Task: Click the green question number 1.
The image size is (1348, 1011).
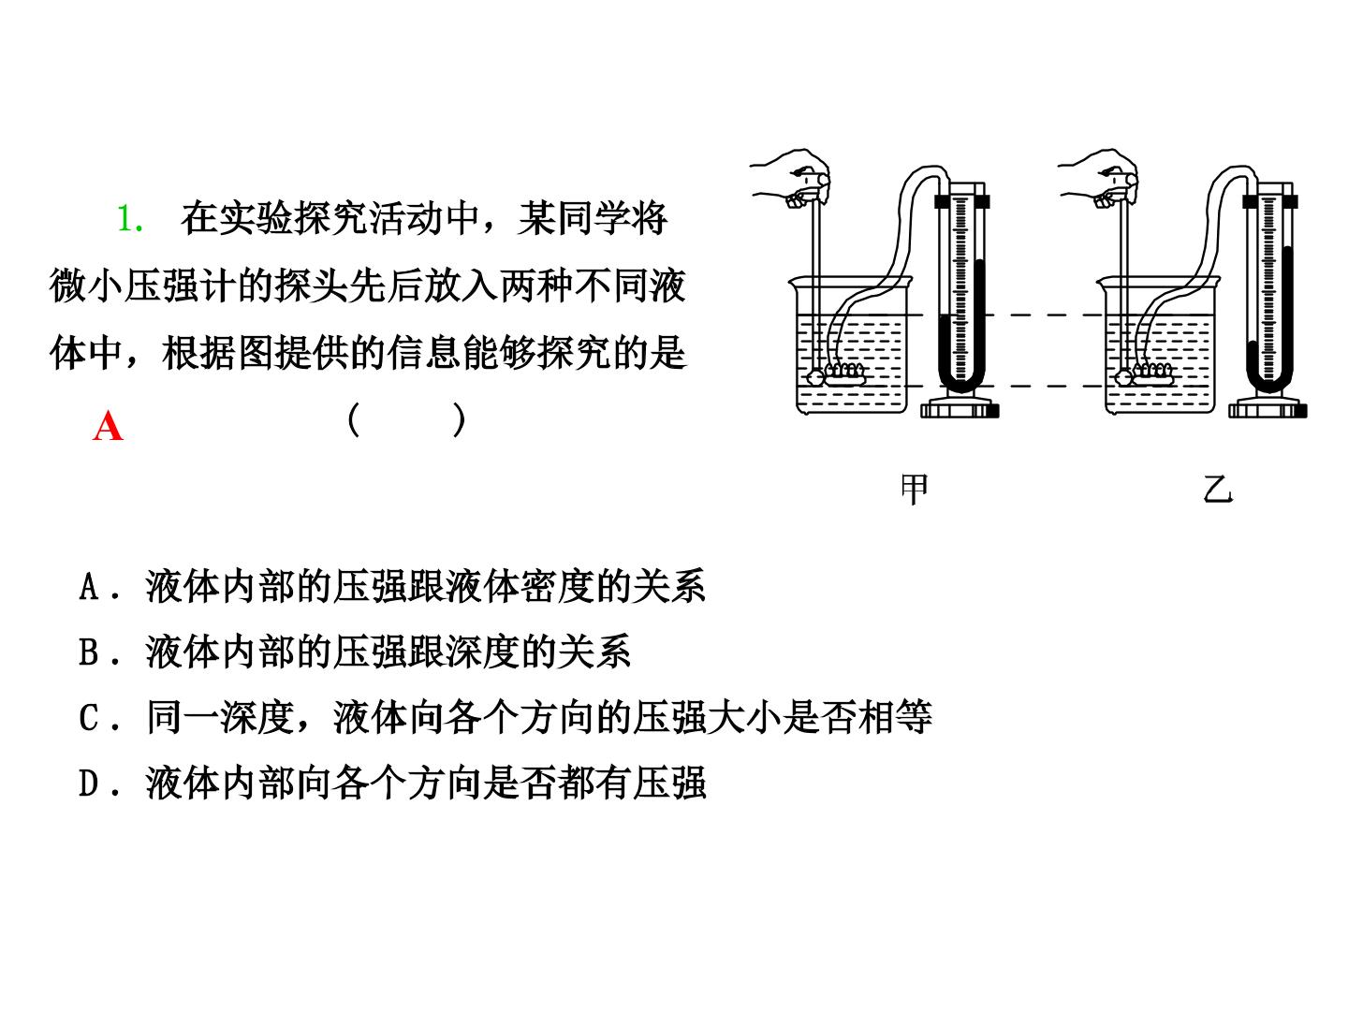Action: (x=130, y=218)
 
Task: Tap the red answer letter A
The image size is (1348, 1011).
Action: (x=108, y=426)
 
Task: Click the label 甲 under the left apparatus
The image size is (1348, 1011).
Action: (x=914, y=490)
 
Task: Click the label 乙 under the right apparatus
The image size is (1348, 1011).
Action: (x=1218, y=490)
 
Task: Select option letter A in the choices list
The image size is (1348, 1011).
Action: (x=89, y=586)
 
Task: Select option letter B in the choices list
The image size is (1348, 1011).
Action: (x=89, y=652)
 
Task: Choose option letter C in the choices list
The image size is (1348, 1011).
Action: (x=89, y=717)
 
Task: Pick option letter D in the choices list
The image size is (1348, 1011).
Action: (x=89, y=783)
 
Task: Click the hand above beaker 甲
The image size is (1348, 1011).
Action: (x=792, y=178)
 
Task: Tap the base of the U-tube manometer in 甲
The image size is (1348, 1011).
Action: (x=960, y=409)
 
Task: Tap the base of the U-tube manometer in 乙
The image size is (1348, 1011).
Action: (x=1268, y=409)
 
